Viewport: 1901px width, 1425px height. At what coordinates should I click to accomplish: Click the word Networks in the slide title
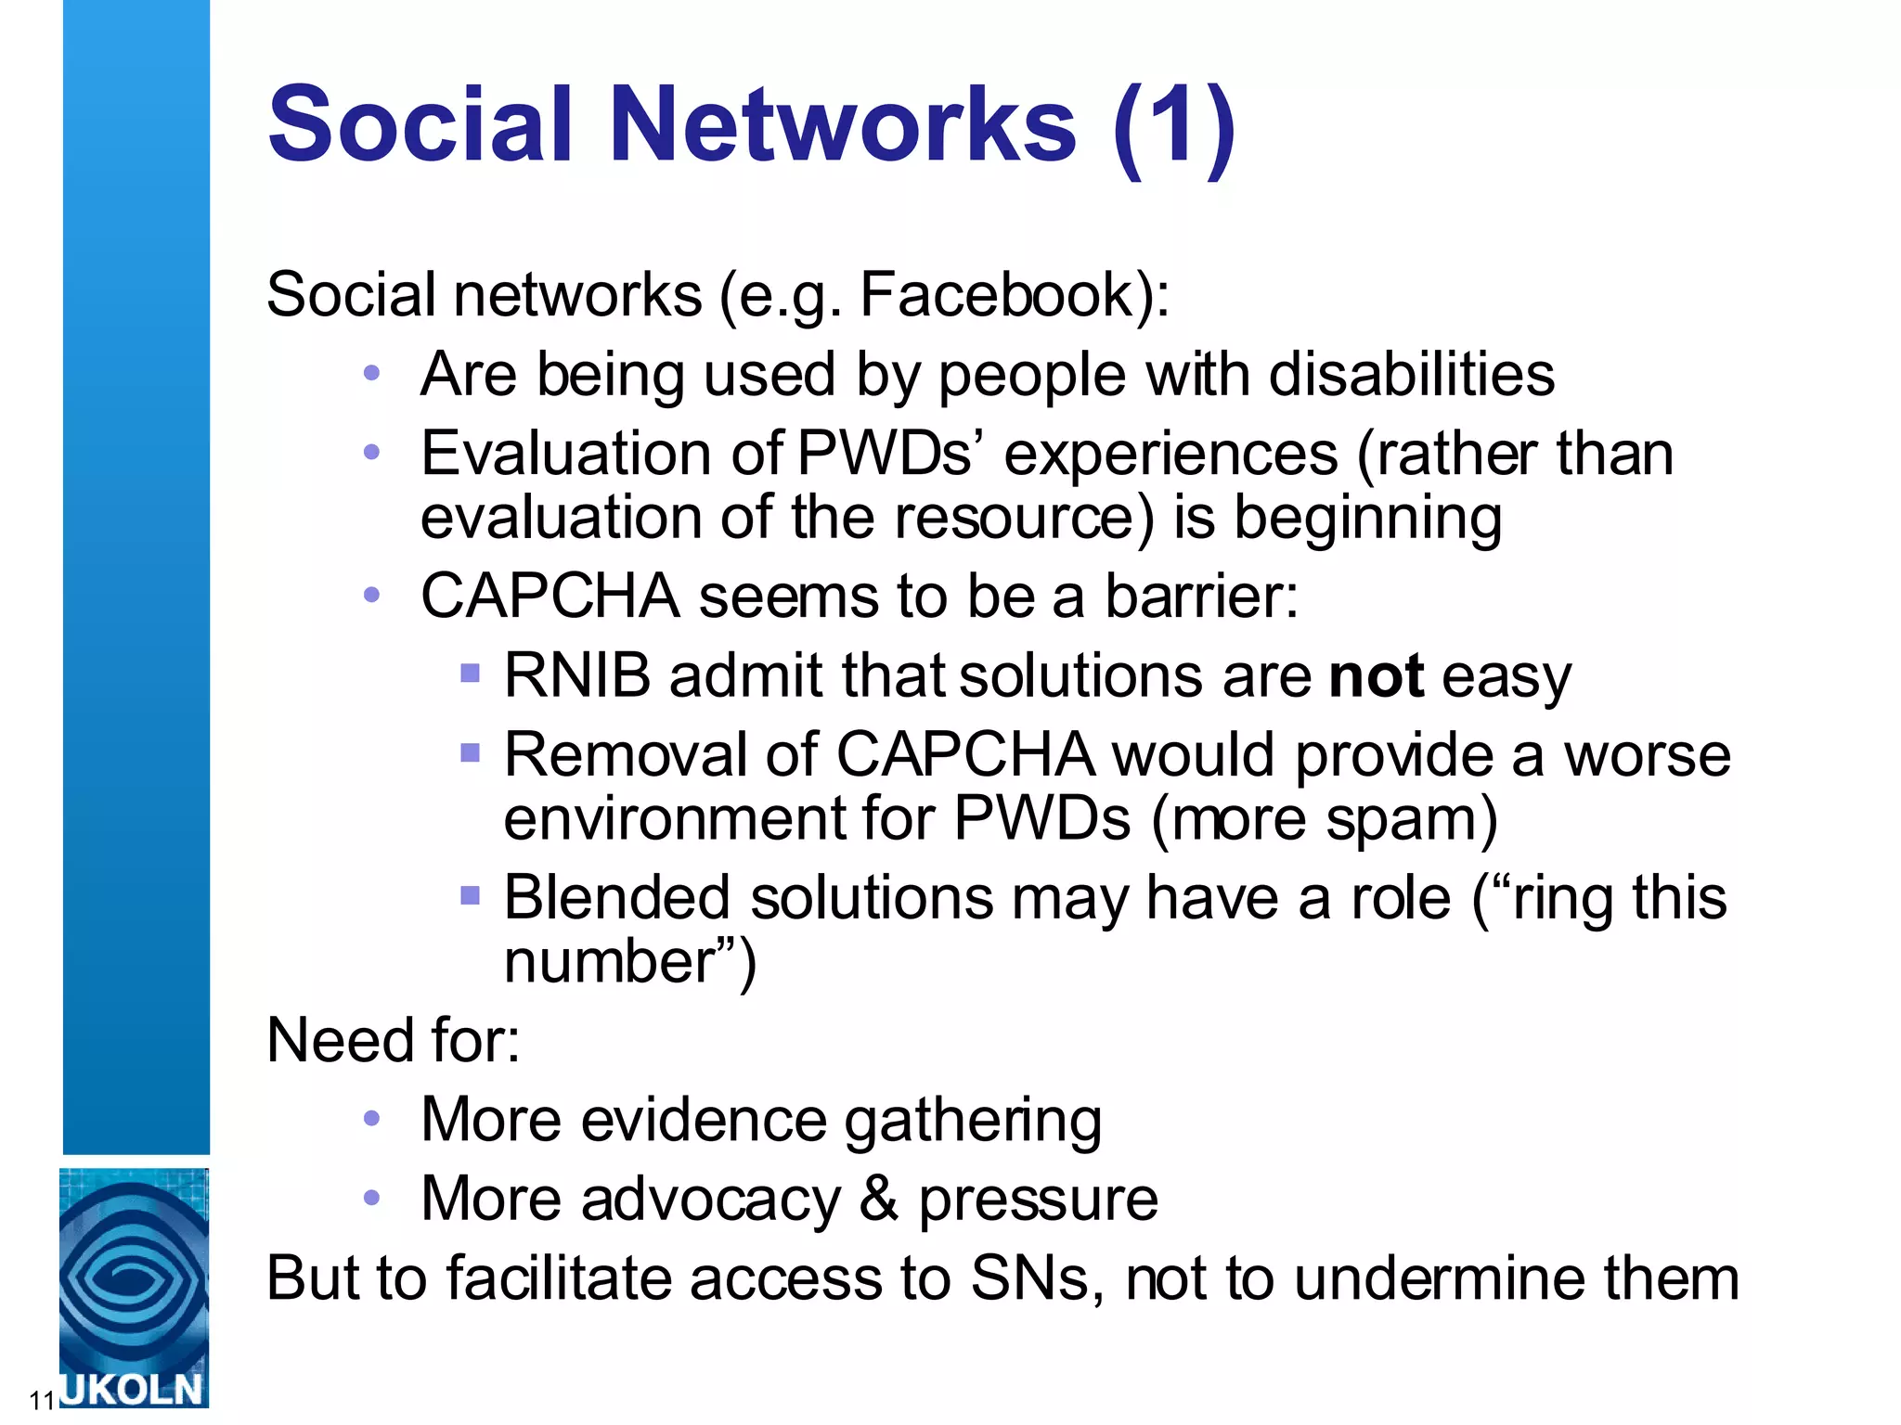(843, 124)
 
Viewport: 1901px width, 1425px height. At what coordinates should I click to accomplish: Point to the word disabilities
(1411, 375)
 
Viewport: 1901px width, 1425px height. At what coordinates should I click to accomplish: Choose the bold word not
(1376, 675)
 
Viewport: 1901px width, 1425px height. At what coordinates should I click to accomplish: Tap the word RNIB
(577, 675)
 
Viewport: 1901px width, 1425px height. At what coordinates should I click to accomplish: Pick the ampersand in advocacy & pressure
(878, 1199)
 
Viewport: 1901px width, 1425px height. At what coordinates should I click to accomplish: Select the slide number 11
(41, 1400)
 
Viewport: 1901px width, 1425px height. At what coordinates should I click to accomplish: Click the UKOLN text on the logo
(132, 1389)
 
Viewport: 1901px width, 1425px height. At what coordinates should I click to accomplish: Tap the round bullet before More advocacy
(372, 1198)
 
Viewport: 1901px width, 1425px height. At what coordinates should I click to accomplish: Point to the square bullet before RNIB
(471, 672)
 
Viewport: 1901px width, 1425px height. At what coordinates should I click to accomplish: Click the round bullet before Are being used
(372, 374)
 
